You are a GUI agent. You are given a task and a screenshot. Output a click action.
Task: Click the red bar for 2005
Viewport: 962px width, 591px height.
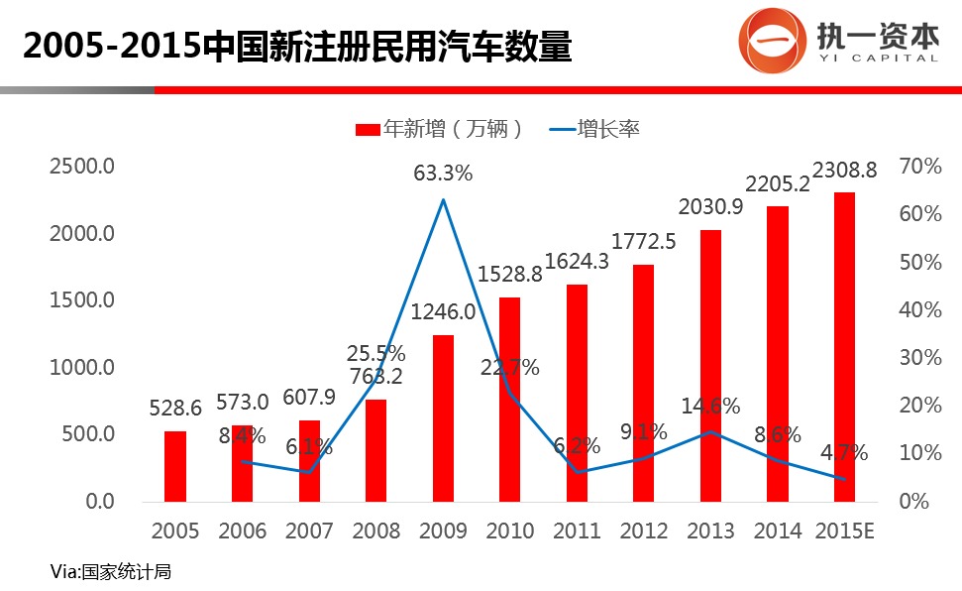(x=175, y=466)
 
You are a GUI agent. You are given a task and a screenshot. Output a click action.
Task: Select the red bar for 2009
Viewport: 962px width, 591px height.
(x=443, y=417)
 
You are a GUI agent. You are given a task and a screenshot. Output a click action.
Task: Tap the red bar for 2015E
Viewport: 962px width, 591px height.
(x=844, y=347)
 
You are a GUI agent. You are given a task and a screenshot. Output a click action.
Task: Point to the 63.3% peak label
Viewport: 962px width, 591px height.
(x=443, y=174)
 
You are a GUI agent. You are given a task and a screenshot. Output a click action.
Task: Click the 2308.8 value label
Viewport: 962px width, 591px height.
(x=844, y=171)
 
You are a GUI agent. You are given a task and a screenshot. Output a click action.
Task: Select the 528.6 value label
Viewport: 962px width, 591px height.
(x=175, y=408)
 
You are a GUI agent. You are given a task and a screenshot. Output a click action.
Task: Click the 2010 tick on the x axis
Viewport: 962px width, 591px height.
(x=510, y=532)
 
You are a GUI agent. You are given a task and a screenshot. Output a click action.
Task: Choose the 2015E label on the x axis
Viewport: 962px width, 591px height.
(x=844, y=532)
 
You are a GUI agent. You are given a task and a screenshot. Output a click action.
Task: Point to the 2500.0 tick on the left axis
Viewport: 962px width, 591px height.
(x=83, y=167)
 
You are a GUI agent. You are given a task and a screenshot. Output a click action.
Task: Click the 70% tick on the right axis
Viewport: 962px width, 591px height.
(x=920, y=167)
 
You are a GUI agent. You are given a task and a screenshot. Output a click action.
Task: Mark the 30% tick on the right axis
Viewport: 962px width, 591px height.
(x=920, y=358)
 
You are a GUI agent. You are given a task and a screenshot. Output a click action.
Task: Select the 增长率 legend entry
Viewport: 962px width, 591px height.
(x=596, y=129)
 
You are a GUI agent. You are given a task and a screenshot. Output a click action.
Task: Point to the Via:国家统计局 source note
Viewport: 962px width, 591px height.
(x=104, y=571)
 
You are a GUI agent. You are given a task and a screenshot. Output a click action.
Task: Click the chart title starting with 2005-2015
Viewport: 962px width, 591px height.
(x=297, y=46)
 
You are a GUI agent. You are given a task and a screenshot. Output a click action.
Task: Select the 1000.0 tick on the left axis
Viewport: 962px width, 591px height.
(x=83, y=368)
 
